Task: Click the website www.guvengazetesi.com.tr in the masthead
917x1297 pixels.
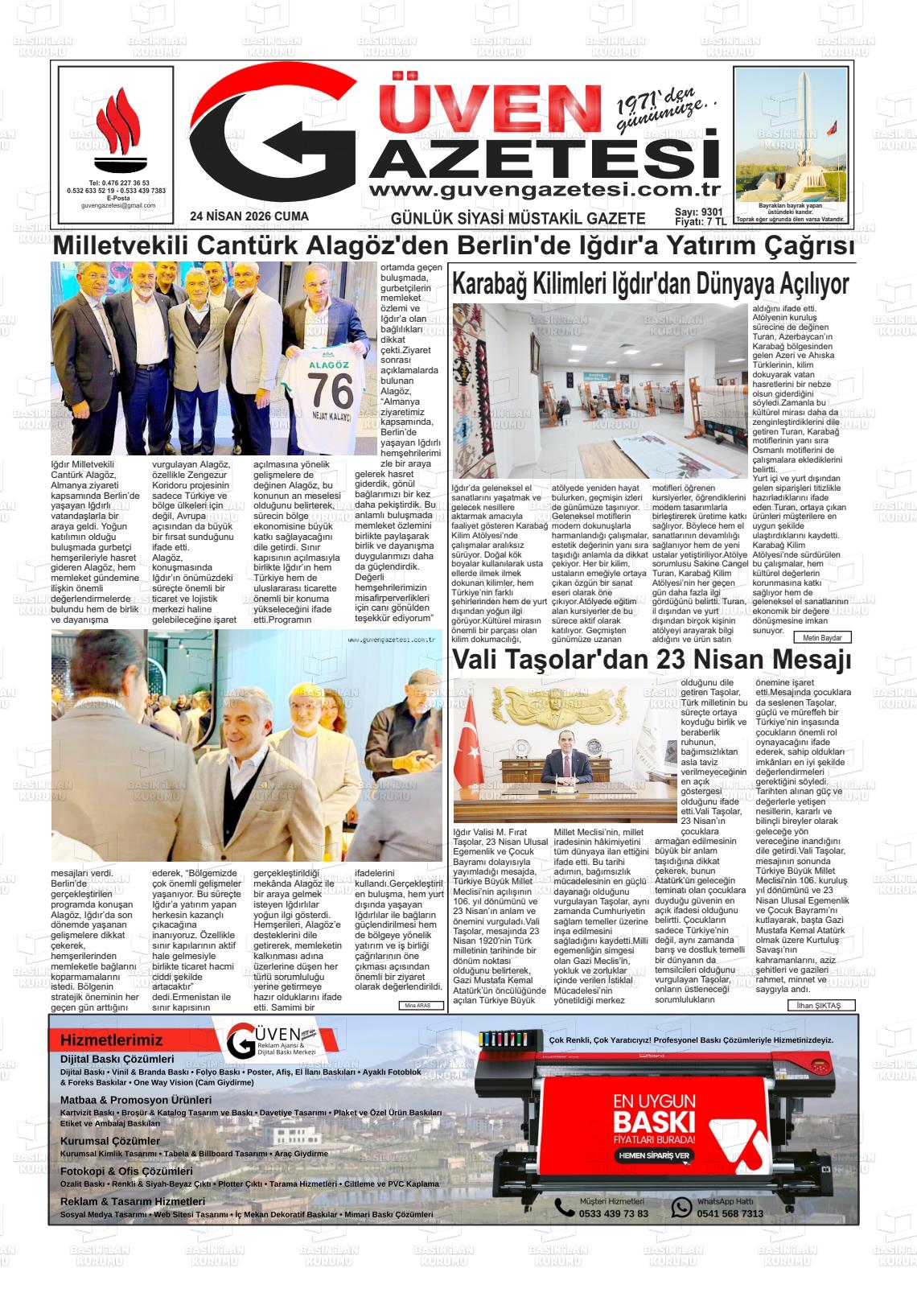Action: coord(543,190)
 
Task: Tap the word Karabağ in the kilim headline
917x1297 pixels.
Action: coord(490,284)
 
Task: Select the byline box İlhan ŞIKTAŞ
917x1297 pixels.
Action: coord(820,1006)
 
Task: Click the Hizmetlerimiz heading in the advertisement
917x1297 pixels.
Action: coord(111,1040)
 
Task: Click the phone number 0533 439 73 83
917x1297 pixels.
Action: coord(613,1214)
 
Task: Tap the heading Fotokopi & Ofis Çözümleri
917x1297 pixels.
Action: coord(126,1171)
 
